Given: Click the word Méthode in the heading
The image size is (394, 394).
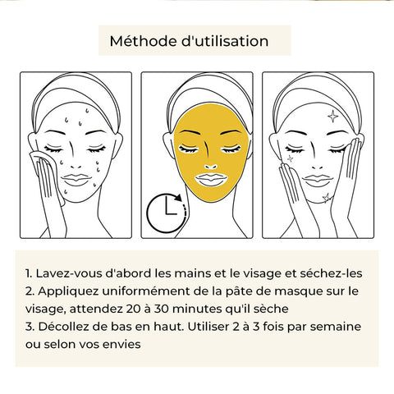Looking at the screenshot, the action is click(143, 41).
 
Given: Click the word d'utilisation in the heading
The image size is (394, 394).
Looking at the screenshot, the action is click(225, 41).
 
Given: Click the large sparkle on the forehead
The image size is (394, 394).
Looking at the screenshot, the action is click(332, 116).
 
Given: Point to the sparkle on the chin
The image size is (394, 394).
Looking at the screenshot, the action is click(326, 198).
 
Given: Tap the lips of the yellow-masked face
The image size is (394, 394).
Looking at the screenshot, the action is click(212, 179).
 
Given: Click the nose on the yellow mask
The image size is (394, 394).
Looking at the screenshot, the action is click(211, 167).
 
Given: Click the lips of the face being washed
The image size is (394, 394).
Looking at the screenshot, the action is click(76, 180).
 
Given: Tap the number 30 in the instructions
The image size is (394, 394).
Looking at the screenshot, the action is click(163, 309).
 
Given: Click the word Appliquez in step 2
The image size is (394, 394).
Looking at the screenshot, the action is click(68, 291).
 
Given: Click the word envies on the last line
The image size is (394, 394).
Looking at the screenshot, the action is click(121, 345).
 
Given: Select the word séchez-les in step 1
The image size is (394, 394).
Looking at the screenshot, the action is click(331, 273).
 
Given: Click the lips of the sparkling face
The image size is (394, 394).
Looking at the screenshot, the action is click(318, 181).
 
